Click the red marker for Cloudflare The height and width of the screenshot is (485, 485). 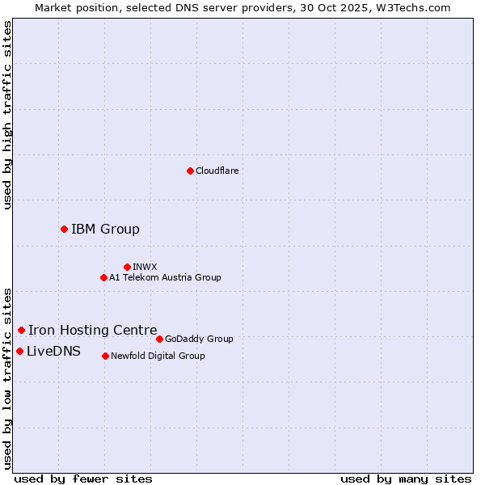tap(190, 171)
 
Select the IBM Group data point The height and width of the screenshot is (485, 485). tap(64, 229)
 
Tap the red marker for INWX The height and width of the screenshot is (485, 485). tap(127, 267)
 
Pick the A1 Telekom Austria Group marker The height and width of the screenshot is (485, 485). tap(103, 277)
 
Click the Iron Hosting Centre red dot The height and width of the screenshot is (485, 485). tap(21, 330)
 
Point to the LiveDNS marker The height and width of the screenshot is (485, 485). tap(19, 351)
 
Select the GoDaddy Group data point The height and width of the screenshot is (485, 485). tap(159, 339)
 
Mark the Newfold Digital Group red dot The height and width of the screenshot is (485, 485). tap(105, 356)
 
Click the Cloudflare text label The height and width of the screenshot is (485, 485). tap(217, 171)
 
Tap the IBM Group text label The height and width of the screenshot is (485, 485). tap(105, 229)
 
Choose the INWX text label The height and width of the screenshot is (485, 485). tap(145, 267)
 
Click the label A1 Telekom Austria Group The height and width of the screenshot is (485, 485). tap(165, 277)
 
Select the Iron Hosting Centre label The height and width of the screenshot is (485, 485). tap(93, 330)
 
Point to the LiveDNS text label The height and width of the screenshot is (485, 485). tap(53, 351)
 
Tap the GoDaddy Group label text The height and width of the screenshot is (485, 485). tap(199, 339)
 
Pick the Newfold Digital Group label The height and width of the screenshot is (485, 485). tap(158, 356)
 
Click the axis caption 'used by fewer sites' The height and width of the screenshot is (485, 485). tap(83, 479)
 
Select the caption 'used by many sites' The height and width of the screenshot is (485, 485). tap(406, 479)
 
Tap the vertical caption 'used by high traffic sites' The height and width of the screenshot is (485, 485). tap(8, 115)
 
